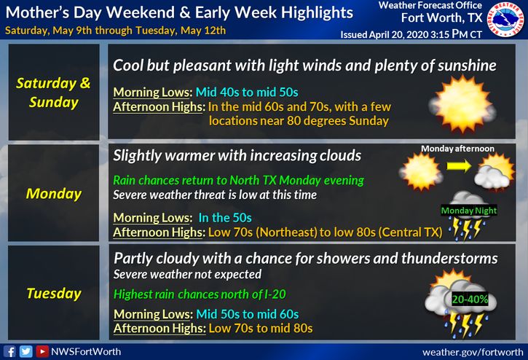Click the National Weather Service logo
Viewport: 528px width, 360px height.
(505, 19)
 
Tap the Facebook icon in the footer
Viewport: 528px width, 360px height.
(9, 351)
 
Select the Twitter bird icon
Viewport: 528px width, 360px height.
(26, 351)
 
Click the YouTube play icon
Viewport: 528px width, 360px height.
(42, 351)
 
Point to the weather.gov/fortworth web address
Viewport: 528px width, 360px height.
(473, 352)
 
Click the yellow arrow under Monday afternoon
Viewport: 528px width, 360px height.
(459, 166)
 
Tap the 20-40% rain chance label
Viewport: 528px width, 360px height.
(470, 300)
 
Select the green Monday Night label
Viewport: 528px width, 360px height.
(469, 211)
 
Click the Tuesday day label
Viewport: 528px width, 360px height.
(54, 293)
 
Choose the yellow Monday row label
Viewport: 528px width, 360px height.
(54, 194)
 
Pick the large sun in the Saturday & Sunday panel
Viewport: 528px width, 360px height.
(462, 103)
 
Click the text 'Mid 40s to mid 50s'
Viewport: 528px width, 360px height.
(247, 92)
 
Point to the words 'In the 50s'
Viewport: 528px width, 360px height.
(225, 218)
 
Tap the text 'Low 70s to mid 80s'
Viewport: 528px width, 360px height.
(261, 328)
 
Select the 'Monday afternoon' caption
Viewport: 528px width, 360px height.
(457, 149)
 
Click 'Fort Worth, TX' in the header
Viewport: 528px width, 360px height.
(441, 17)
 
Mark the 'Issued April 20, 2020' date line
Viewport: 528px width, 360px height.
(411, 34)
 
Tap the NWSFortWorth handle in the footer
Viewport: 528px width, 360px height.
(86, 351)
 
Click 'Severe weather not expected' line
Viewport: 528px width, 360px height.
(187, 275)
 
